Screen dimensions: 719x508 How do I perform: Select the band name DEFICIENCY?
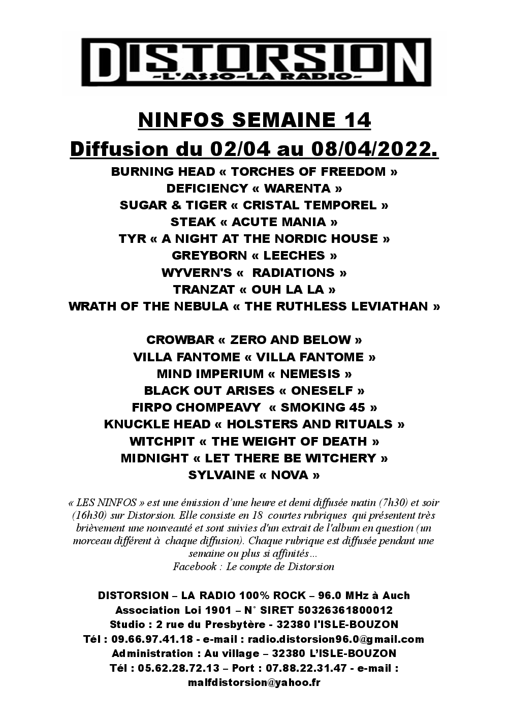(207, 189)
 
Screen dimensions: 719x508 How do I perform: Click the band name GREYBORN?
(205, 256)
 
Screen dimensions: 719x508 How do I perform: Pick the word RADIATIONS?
(293, 272)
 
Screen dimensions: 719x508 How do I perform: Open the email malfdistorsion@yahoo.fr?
(254, 683)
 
